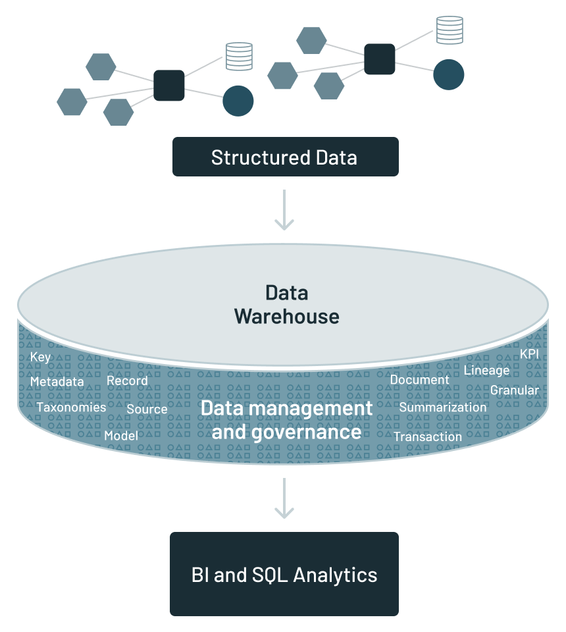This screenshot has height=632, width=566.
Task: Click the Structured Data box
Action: (x=285, y=157)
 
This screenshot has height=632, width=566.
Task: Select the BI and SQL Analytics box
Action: (x=284, y=574)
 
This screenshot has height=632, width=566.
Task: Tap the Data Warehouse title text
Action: (x=286, y=304)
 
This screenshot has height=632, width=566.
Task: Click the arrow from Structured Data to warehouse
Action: (x=284, y=210)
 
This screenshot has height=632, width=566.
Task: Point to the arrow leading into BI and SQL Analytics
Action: (x=284, y=498)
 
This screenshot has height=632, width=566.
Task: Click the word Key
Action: (x=40, y=357)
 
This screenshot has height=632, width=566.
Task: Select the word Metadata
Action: (x=57, y=382)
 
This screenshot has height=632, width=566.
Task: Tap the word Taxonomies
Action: (x=71, y=407)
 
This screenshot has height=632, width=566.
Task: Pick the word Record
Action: (x=127, y=381)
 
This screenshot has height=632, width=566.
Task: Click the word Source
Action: (x=147, y=409)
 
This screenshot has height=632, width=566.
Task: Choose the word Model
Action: (x=121, y=435)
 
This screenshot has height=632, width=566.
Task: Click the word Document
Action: (x=419, y=379)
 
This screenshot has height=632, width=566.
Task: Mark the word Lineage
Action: (x=486, y=370)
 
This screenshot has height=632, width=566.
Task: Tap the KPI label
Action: (x=529, y=354)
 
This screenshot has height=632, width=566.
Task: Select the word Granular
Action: (x=514, y=390)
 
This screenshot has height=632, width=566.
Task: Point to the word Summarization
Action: (x=442, y=407)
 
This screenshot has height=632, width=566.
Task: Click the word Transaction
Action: (x=428, y=436)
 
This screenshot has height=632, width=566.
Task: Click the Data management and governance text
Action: (x=286, y=419)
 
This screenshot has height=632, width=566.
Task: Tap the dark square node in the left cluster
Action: (x=169, y=85)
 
